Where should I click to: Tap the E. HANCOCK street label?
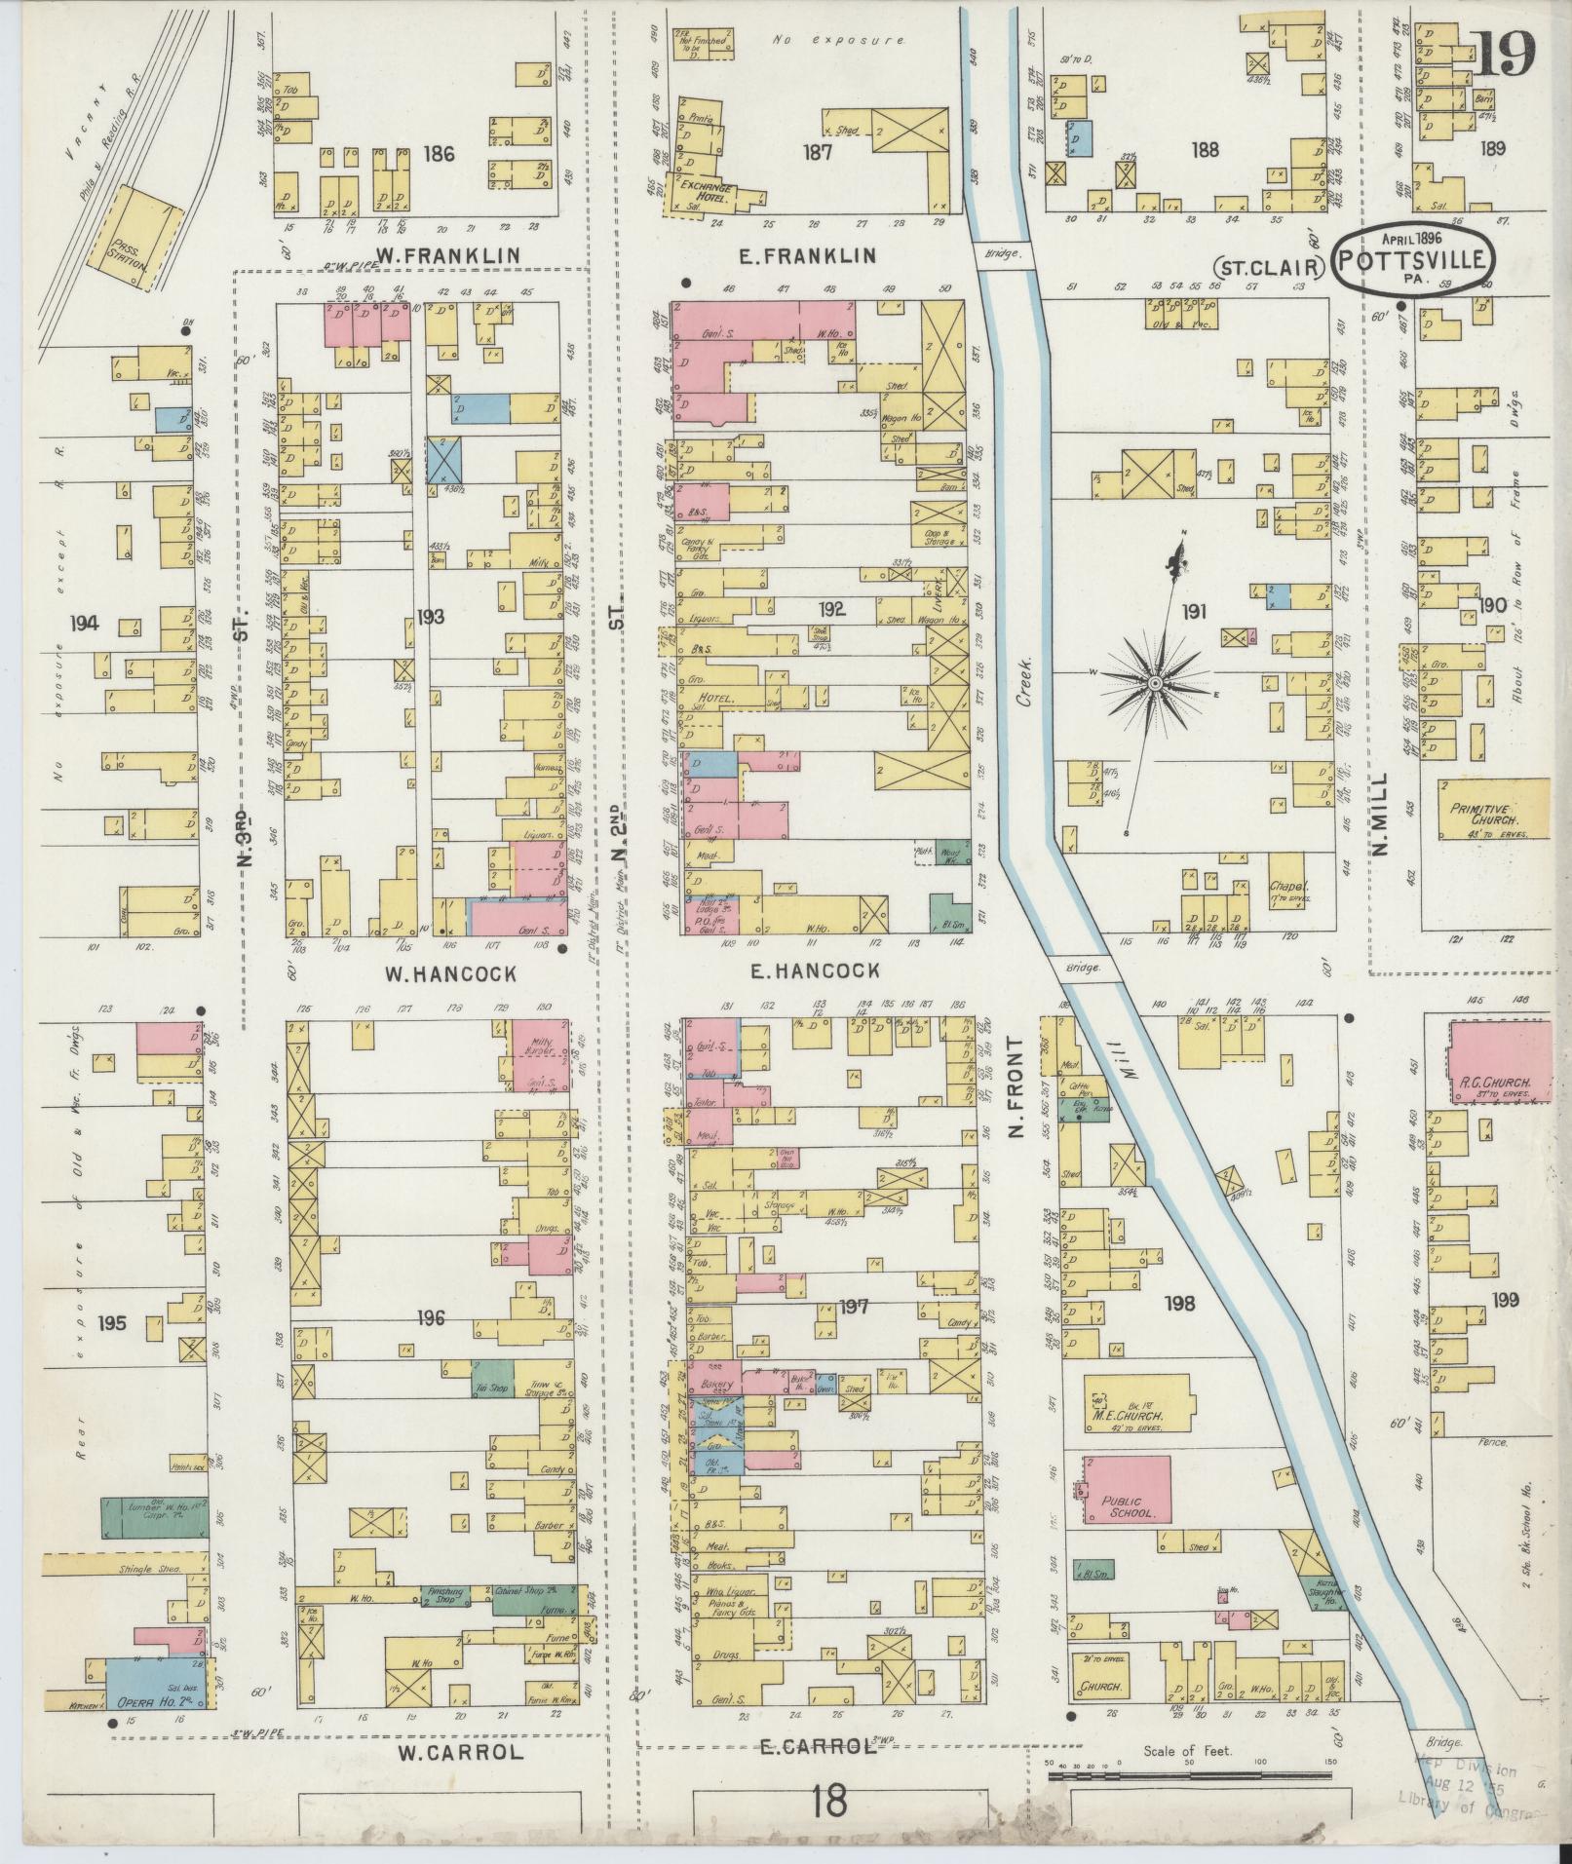tap(816, 970)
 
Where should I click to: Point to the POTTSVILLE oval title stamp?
tap(1412, 260)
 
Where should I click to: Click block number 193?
tap(430, 616)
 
